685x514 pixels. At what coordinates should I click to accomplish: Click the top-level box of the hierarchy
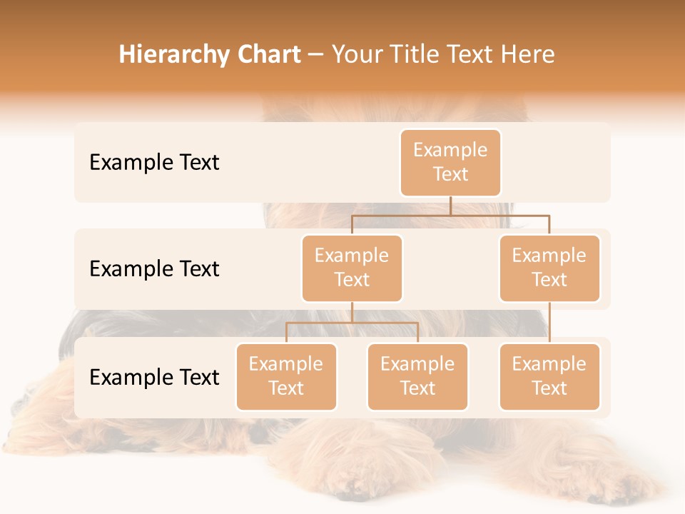(x=450, y=163)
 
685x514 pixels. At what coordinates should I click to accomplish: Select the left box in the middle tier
(x=352, y=268)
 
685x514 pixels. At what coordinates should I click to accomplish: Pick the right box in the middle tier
(x=549, y=268)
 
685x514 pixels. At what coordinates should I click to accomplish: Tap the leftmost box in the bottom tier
(x=286, y=377)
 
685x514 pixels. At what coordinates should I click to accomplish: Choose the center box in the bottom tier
(x=417, y=377)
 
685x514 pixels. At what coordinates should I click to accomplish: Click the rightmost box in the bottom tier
(x=549, y=377)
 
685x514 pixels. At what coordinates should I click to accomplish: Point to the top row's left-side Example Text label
(x=154, y=163)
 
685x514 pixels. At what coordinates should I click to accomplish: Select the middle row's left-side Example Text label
(x=154, y=269)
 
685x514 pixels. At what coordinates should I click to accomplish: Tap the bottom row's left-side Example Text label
(x=154, y=378)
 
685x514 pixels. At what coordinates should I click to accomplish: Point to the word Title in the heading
(x=416, y=54)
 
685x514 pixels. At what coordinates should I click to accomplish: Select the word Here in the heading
(x=527, y=54)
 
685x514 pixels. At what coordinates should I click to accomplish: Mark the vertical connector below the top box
(x=450, y=206)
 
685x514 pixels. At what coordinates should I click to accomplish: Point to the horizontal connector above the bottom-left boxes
(x=352, y=323)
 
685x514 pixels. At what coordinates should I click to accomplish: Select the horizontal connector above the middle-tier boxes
(x=450, y=215)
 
